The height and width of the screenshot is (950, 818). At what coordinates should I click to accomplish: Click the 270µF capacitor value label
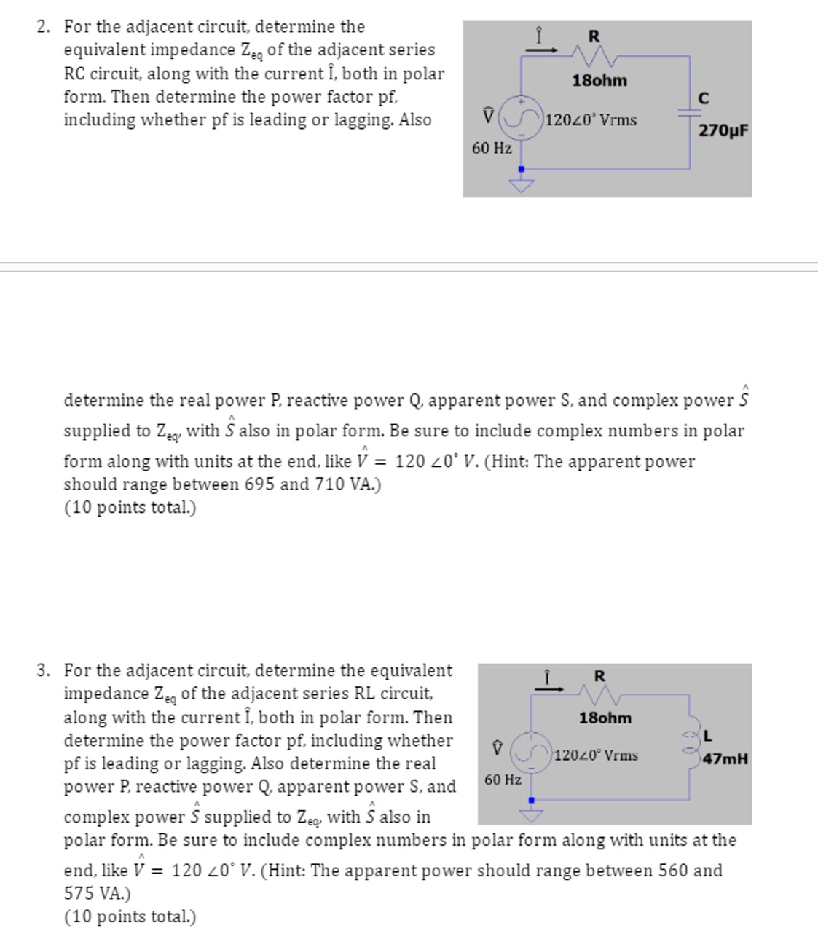(723, 131)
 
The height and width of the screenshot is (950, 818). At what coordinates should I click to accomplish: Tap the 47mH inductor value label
(725, 759)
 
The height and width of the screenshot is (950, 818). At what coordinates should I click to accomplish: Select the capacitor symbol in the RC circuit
(690, 113)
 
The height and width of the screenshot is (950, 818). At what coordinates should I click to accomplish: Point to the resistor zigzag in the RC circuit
(594, 55)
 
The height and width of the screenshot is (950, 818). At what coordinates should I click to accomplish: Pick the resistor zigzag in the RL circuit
(599, 695)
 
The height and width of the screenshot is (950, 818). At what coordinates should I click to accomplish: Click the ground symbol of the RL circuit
(531, 812)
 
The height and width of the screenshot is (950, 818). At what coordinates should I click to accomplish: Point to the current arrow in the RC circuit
(540, 50)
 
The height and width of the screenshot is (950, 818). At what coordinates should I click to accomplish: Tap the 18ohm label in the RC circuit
(599, 81)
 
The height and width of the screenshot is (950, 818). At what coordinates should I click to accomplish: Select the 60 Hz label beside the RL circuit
(503, 780)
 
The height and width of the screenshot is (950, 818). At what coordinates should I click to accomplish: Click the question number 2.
(43, 27)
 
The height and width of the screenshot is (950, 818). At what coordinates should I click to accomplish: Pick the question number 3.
(43, 670)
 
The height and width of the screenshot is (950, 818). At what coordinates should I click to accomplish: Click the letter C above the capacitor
(703, 98)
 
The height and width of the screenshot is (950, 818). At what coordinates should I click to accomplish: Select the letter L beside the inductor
(707, 734)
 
